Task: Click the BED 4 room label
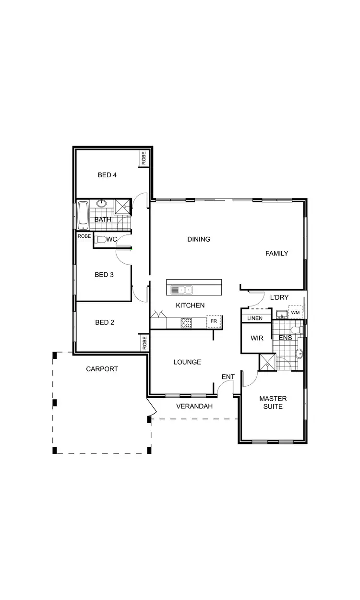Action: (x=107, y=175)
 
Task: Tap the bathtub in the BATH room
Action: (x=83, y=215)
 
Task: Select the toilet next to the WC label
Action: (x=100, y=239)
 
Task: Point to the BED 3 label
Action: (x=104, y=275)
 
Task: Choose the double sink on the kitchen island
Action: (x=181, y=290)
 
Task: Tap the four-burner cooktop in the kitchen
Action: (x=186, y=323)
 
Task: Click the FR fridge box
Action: (x=214, y=321)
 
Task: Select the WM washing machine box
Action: (x=295, y=313)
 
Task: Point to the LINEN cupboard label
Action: (x=255, y=318)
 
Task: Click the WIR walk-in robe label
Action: (x=257, y=338)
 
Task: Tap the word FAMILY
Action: (x=277, y=253)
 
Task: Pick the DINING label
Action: (x=199, y=239)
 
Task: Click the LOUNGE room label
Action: (x=187, y=362)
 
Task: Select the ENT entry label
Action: (x=228, y=377)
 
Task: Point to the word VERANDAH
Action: (x=194, y=406)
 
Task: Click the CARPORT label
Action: (x=102, y=369)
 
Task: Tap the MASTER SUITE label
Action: (x=273, y=403)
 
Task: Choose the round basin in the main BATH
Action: (x=103, y=204)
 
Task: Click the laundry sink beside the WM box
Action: (x=281, y=315)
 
